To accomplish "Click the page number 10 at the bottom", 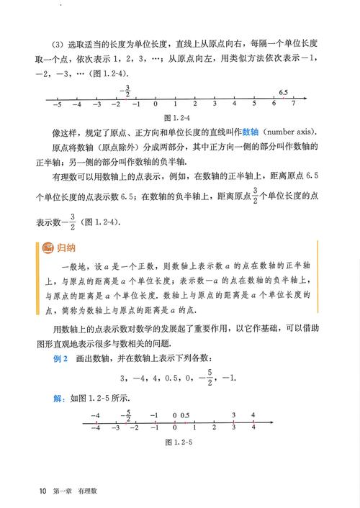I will tap(44, 491).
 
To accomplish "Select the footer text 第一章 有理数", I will tap(75, 491).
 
